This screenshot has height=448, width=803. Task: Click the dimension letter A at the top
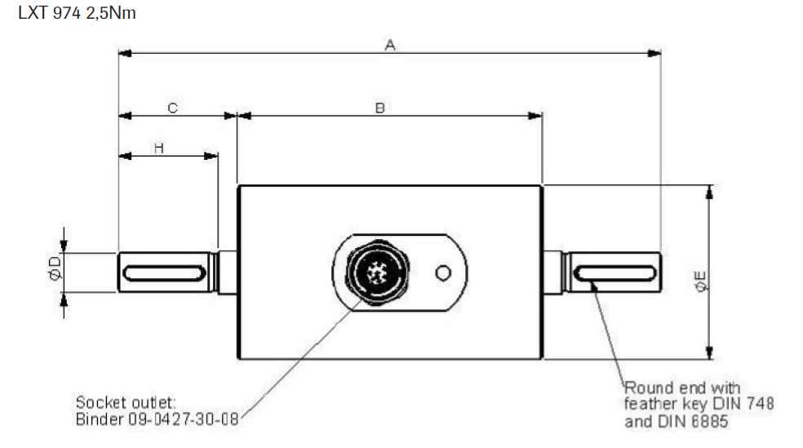pos(390,46)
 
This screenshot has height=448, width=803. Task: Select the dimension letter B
pos(380,108)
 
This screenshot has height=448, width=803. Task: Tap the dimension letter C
pos(173,108)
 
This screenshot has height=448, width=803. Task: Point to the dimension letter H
pos(159,147)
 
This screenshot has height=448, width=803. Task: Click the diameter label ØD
pos(54,270)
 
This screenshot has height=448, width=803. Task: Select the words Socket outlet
pos(126,402)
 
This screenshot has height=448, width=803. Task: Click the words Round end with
pos(682,388)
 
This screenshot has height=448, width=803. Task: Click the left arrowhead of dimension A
pos(125,54)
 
